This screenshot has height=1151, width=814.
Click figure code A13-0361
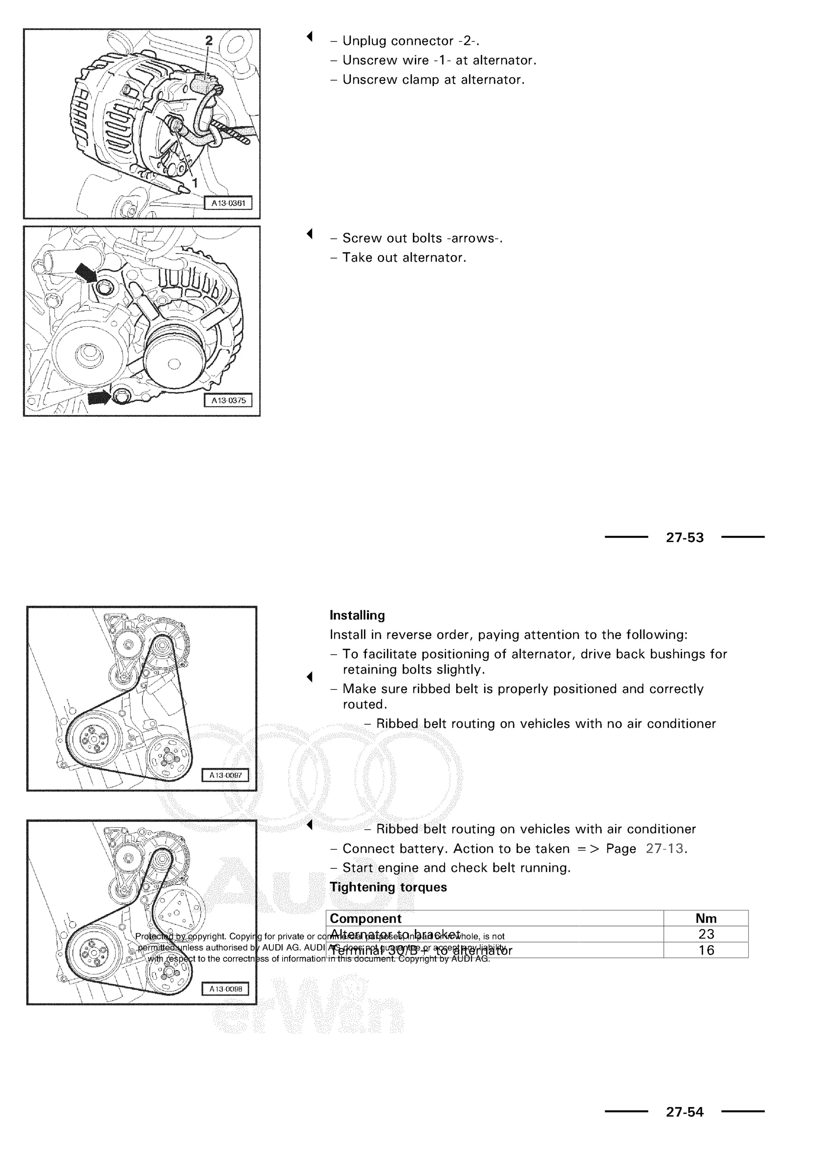click(228, 203)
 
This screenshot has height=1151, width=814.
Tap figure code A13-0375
click(228, 401)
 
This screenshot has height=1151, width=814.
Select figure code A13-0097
click(225, 775)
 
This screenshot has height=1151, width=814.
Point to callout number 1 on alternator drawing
click(195, 184)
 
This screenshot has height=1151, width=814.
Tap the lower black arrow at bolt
click(99, 397)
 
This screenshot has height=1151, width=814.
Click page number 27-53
click(685, 538)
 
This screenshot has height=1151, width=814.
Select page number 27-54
click(685, 1112)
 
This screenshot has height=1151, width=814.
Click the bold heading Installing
click(357, 616)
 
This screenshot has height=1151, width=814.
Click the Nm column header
click(706, 918)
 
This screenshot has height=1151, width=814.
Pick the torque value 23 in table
click(706, 934)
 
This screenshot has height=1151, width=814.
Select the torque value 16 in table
click(706, 950)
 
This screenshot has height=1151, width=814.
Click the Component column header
click(365, 919)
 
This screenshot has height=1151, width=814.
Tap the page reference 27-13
click(665, 849)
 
